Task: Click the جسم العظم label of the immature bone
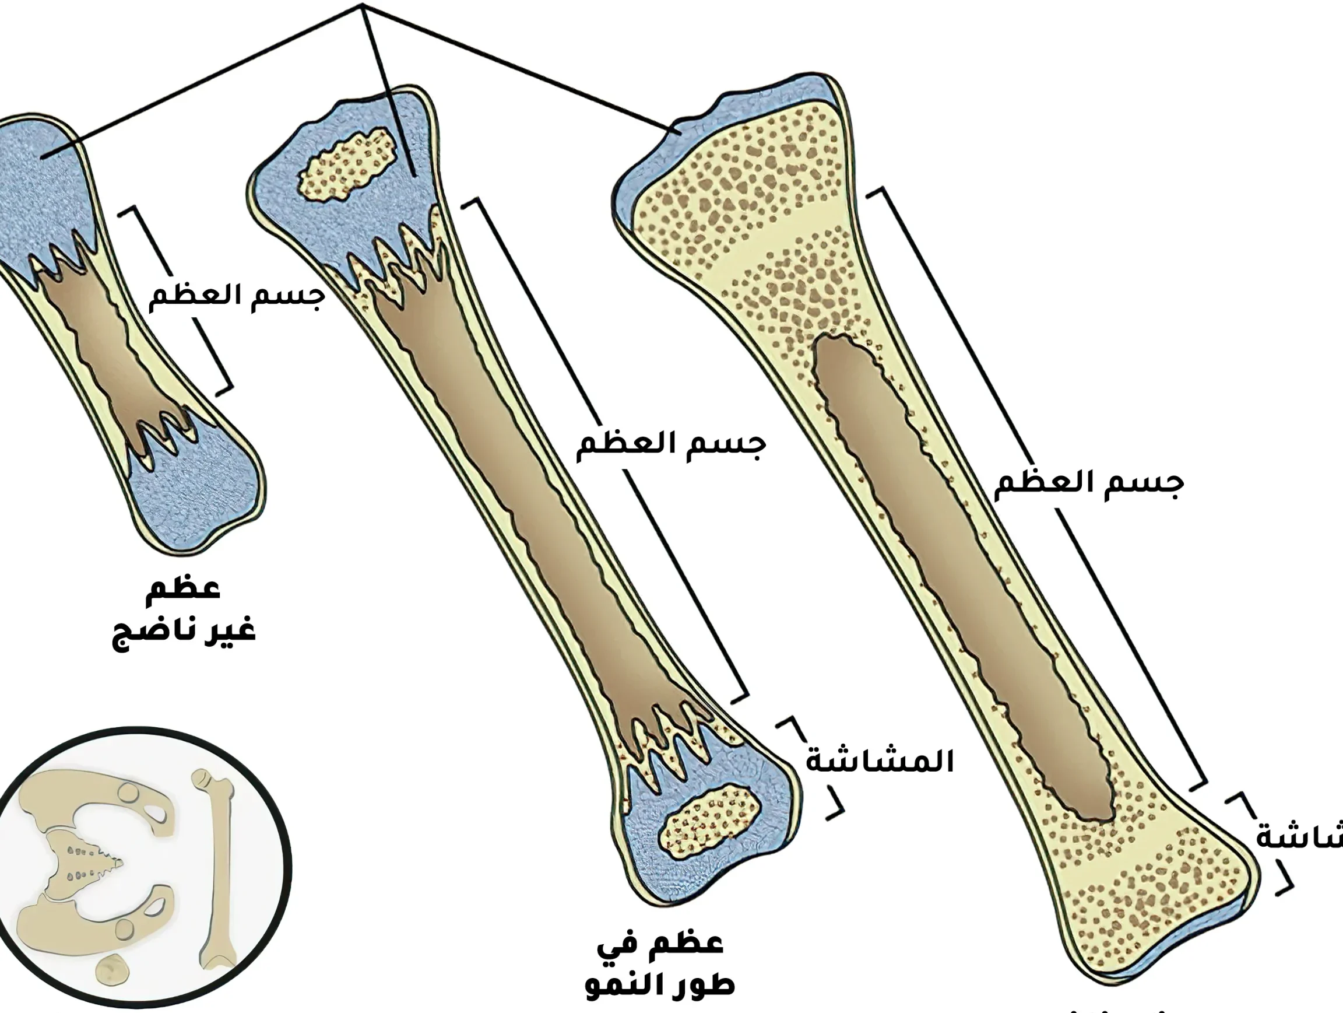[x=237, y=297]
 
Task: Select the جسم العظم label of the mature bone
[x=1089, y=484]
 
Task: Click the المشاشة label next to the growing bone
[x=880, y=761]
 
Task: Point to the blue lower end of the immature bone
[x=194, y=498]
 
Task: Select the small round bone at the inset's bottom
[x=112, y=968]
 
